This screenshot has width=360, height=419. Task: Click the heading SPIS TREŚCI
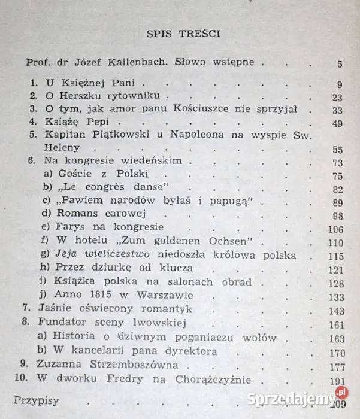tap(183, 34)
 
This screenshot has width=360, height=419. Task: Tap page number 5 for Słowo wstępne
tap(340, 64)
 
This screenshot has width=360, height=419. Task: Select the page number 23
tap(337, 98)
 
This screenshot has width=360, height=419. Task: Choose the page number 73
tap(337, 163)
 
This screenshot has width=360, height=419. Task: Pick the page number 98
tap(337, 216)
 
